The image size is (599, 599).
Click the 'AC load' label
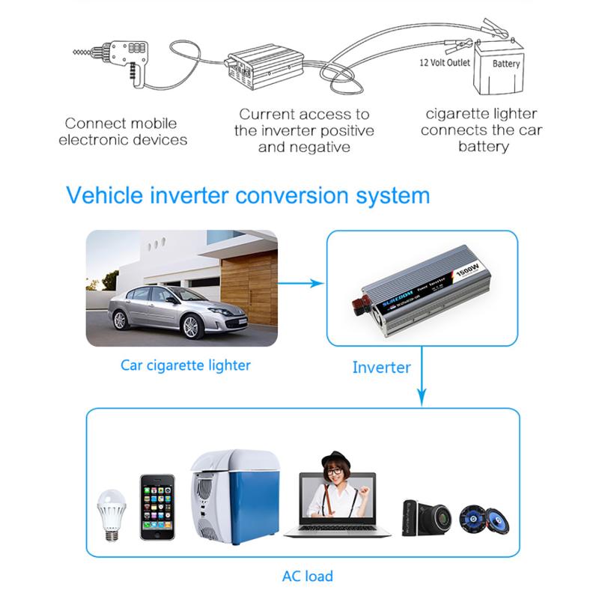click(x=308, y=577)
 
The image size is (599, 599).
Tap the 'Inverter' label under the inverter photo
click(x=381, y=368)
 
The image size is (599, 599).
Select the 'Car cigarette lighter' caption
click(x=186, y=365)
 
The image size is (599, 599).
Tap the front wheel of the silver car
click(x=192, y=326)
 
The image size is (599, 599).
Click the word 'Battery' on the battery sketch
click(x=506, y=64)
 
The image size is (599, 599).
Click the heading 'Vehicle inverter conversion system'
click(x=248, y=196)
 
